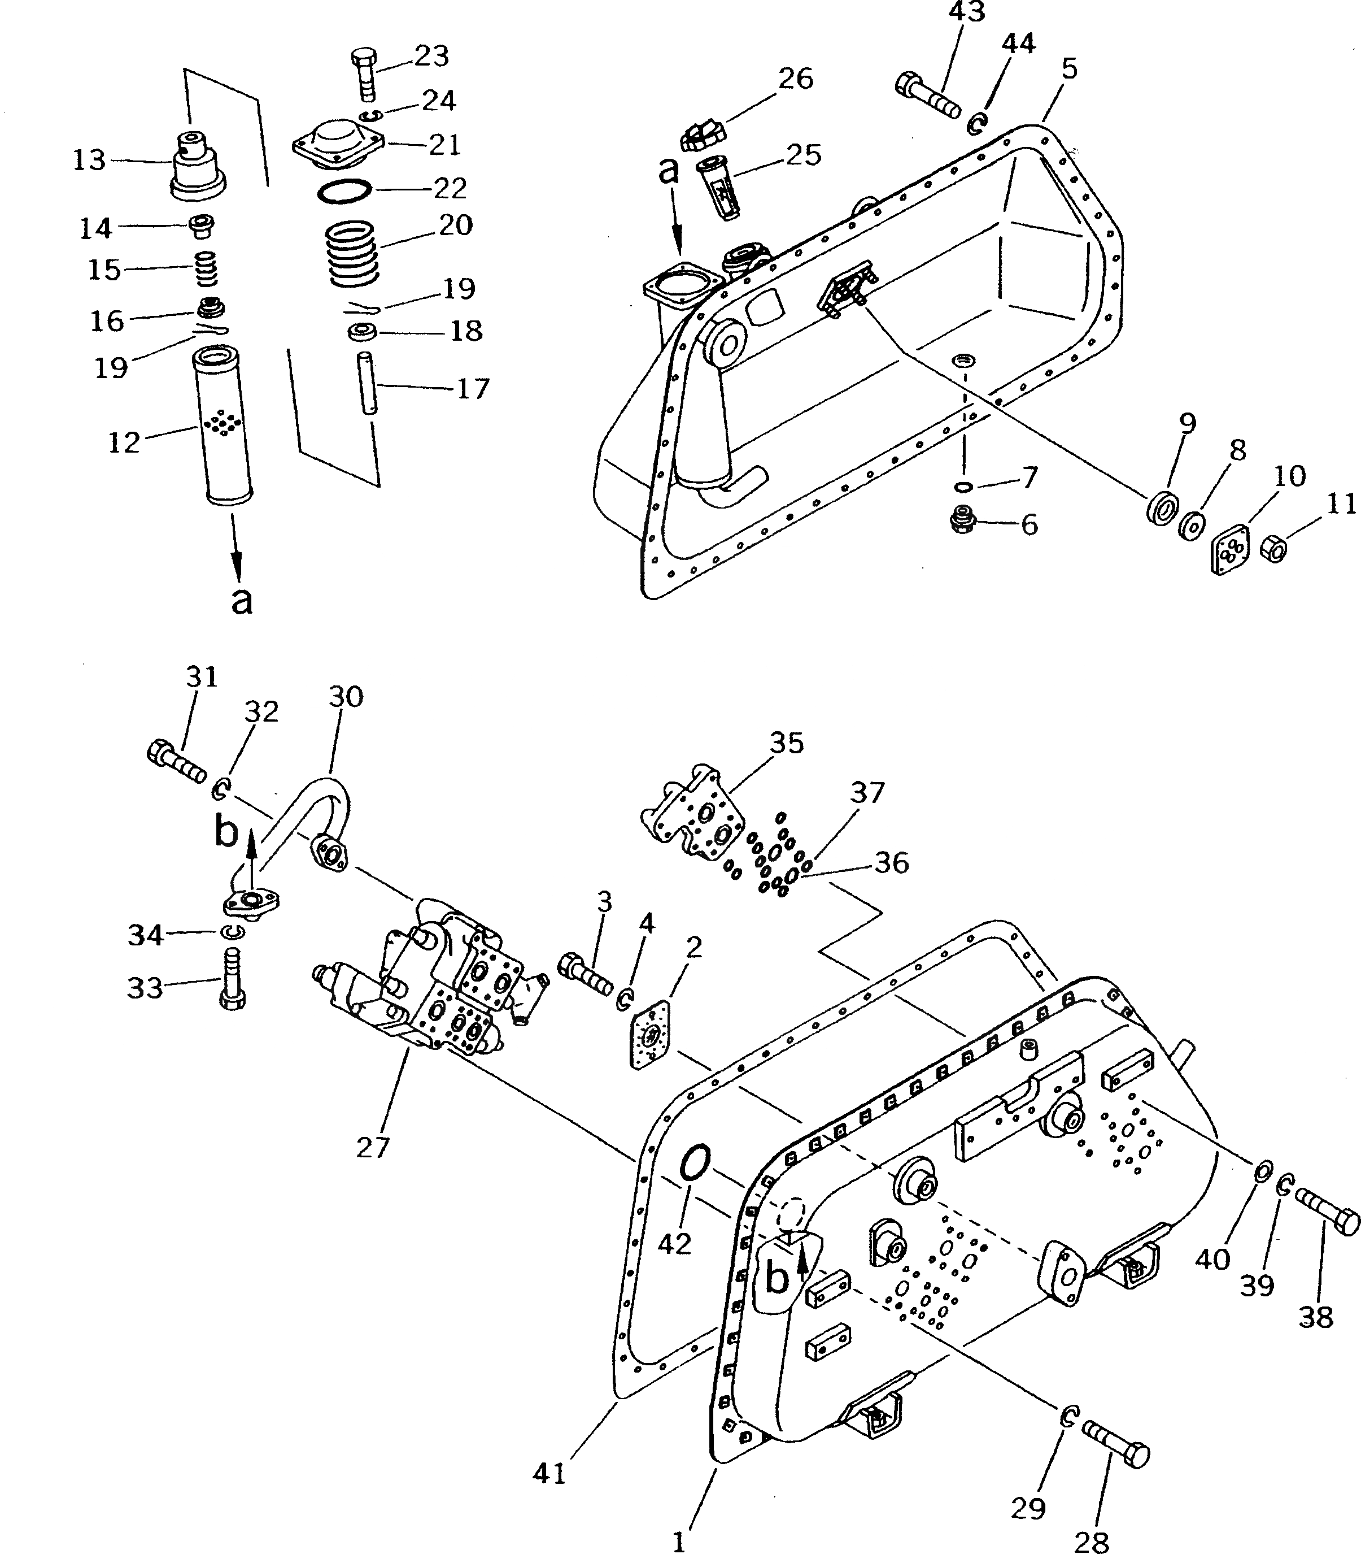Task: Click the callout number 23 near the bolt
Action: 431,57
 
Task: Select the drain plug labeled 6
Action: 962,520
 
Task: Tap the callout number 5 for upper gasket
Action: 1068,68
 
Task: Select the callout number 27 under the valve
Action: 373,1147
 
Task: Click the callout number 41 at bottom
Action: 549,1473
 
